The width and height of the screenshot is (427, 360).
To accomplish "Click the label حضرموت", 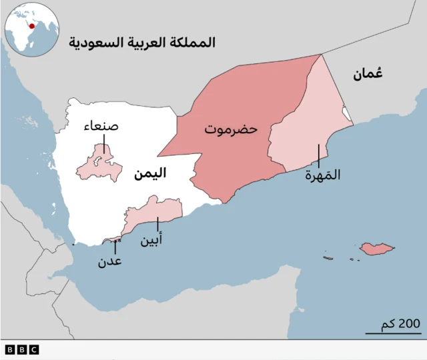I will coord(231,129).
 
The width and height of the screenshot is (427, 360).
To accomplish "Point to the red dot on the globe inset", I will coord(31,25).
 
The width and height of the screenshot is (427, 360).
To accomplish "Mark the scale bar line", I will coord(393,332).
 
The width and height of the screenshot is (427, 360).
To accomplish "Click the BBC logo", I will coord(21,349).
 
